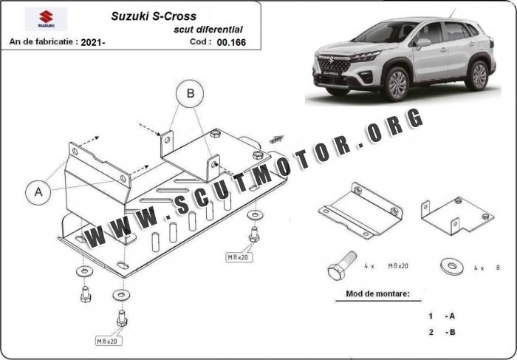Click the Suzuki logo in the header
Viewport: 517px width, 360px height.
46,18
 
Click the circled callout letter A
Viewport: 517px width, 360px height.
38,191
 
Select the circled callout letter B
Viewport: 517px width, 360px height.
190,93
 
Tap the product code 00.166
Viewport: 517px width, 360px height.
231,42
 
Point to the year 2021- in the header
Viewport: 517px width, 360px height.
93,42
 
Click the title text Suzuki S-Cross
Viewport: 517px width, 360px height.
154,16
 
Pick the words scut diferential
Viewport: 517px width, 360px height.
208,30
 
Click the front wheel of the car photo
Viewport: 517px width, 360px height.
396,84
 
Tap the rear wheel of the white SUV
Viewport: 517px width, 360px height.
477,75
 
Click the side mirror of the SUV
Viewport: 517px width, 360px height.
423,43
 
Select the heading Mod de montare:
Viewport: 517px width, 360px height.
377,293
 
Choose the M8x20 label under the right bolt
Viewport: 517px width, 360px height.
239,257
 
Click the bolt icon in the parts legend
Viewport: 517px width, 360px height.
342,265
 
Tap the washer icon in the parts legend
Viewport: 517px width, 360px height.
452,266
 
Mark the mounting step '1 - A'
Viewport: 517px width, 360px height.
442,316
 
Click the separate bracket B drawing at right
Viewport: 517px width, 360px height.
457,215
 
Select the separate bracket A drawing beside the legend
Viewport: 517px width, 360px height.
360,210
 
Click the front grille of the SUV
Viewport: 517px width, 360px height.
333,64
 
